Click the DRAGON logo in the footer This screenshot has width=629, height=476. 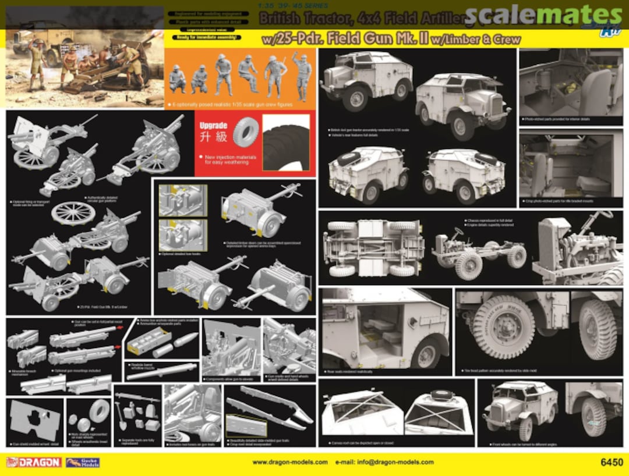33,462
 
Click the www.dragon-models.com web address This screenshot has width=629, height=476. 289,463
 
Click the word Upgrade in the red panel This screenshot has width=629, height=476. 213,126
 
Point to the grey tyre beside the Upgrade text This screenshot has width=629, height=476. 245,133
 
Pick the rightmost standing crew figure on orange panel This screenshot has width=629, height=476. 303,76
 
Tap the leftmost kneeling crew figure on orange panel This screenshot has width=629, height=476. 177,79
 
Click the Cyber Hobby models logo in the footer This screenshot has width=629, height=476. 82,463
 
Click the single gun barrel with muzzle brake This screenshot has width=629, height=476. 161,370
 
